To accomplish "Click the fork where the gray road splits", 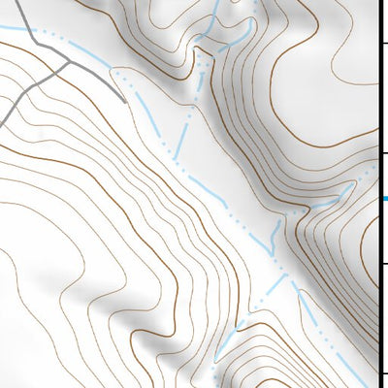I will [68, 61].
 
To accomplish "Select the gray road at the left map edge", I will [1, 116].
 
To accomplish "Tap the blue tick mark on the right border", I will [384, 199].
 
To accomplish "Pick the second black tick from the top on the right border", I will [384, 153].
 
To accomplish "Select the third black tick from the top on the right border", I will [384, 263].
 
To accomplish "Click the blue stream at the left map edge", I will [1, 28].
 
